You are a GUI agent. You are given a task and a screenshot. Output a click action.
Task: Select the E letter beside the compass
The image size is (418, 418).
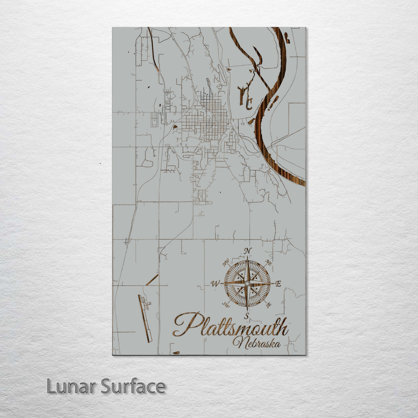(278, 284)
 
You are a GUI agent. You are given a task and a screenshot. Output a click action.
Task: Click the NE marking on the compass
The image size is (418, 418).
(268, 263)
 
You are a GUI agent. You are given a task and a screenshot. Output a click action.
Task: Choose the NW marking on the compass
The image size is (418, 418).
(226, 264)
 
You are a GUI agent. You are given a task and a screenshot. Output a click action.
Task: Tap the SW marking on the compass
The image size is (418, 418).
(226, 305)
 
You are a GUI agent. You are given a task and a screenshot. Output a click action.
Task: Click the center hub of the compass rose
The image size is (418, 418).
(247, 284)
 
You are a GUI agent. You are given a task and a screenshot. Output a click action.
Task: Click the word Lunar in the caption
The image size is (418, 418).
(72, 386)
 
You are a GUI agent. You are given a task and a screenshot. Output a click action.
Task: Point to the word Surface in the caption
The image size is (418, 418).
(134, 386)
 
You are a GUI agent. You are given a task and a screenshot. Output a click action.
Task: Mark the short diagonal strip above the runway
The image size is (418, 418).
(152, 280)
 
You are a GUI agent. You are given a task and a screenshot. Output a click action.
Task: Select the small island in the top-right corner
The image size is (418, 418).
(287, 38)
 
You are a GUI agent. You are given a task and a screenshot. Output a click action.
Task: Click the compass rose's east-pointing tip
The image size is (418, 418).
(274, 283)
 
